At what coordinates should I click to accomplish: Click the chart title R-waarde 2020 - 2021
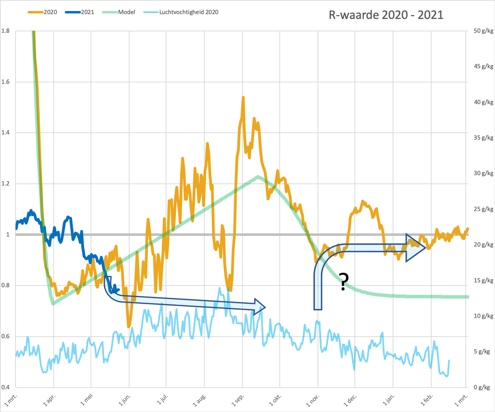(x=386, y=15)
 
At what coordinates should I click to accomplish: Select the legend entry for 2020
(x=42, y=12)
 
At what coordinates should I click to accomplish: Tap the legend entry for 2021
(x=80, y=12)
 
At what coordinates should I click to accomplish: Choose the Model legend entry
(x=118, y=12)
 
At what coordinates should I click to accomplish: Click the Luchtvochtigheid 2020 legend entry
(x=181, y=12)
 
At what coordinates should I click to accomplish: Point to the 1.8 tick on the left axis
(x=5, y=31)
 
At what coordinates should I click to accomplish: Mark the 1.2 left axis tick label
(x=5, y=183)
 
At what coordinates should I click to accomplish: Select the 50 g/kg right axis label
(x=483, y=31)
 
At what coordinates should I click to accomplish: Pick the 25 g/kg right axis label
(x=483, y=209)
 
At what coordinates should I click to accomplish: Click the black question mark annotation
(x=344, y=281)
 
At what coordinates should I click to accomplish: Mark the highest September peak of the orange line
(x=243, y=97)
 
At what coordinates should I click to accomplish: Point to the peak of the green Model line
(x=258, y=176)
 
